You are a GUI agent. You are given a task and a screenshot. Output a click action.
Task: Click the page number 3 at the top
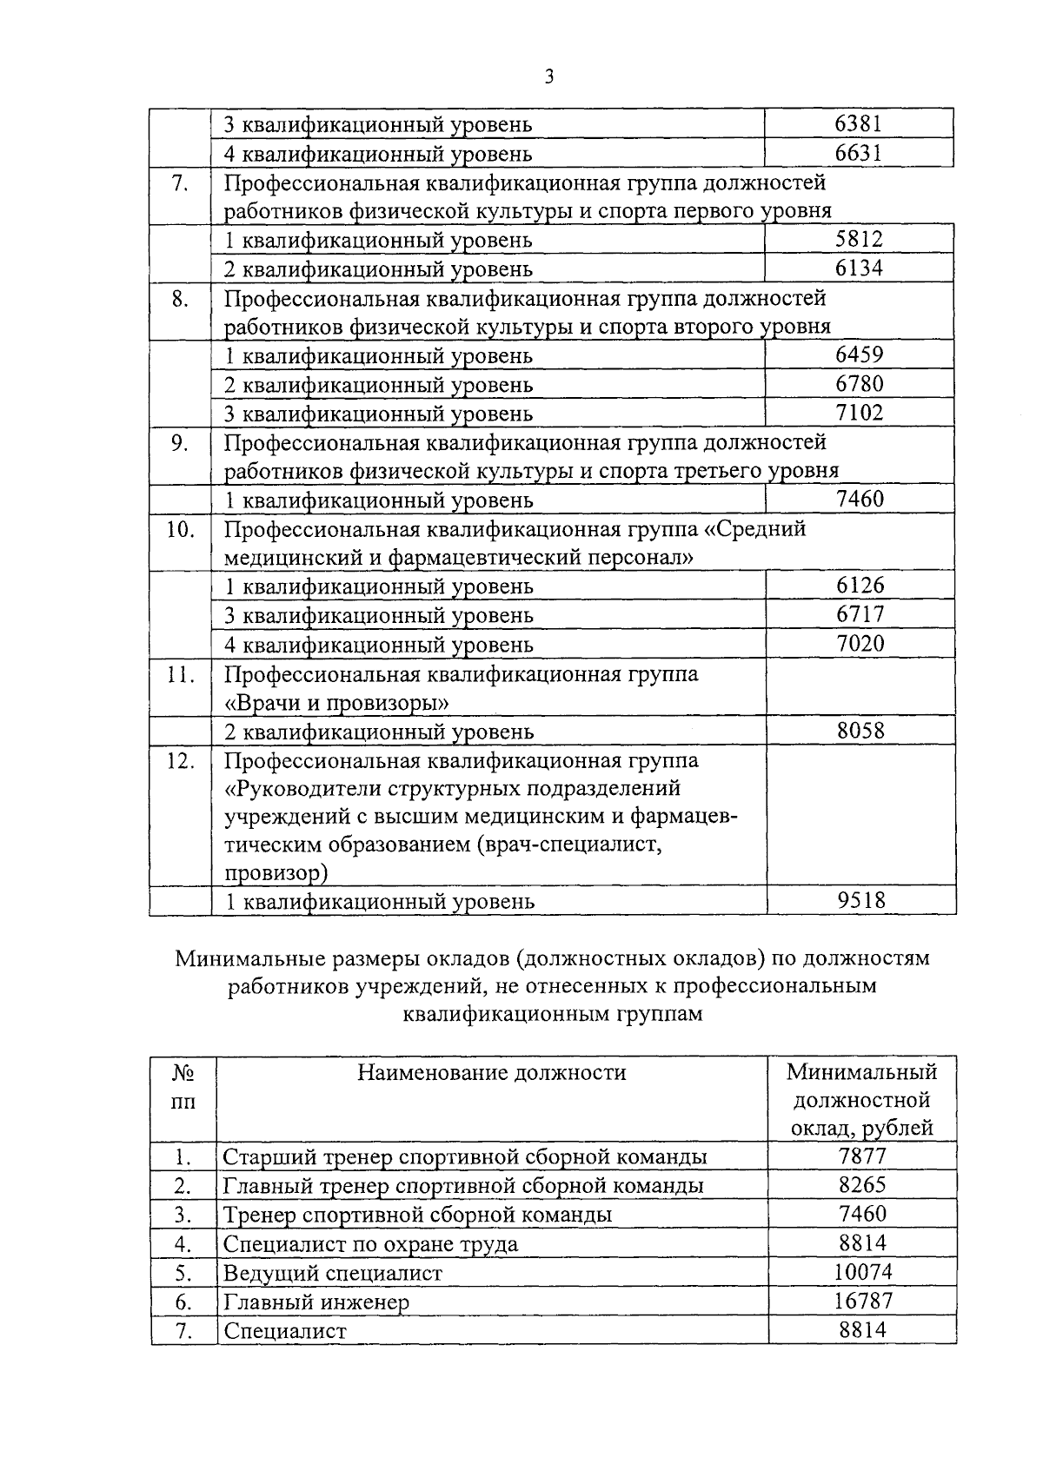(548, 77)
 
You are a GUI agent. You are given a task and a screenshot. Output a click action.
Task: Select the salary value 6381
(859, 123)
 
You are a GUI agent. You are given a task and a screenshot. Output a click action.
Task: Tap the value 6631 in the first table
(859, 153)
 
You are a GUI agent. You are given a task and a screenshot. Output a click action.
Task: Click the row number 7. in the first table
(180, 183)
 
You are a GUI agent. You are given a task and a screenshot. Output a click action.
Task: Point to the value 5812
(859, 239)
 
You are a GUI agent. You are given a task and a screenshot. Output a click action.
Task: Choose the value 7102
(859, 412)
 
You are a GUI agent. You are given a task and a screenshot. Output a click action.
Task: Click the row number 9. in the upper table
(180, 443)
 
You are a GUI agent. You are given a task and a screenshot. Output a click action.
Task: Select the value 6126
(860, 586)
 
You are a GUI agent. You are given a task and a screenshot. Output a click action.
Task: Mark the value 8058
(860, 731)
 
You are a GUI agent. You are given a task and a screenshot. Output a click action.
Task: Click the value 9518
(860, 900)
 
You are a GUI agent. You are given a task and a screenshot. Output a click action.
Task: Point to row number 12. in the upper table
(180, 760)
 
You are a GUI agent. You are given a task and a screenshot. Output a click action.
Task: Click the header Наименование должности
(491, 1072)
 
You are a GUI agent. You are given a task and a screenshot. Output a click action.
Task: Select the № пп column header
(183, 1086)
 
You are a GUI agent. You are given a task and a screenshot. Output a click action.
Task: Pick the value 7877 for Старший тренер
(861, 1156)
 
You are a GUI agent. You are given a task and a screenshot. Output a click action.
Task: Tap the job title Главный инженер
(316, 1302)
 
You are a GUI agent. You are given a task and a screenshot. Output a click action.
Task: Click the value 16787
(861, 1301)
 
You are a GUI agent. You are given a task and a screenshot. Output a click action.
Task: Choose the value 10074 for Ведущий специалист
(861, 1272)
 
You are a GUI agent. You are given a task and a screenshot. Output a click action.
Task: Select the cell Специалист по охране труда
(370, 1243)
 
